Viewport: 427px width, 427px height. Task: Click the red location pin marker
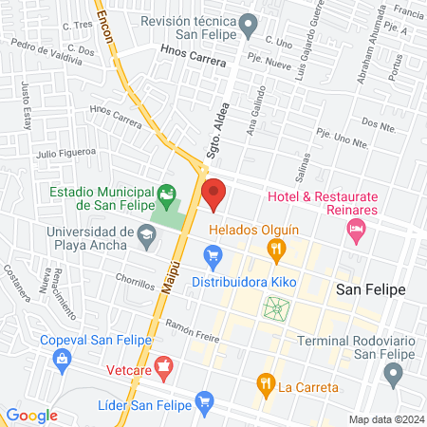[213, 194]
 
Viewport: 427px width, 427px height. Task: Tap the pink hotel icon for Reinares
[357, 228]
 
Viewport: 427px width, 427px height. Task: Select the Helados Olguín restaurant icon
[277, 251]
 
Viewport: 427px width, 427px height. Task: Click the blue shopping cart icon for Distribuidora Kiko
[213, 255]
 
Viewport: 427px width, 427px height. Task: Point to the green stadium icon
[168, 197]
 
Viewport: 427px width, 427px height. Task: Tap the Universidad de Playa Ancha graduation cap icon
[146, 233]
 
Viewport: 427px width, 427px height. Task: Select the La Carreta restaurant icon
[265, 384]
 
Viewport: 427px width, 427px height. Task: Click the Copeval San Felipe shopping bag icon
[63, 360]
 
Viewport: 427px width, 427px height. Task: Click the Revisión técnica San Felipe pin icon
[249, 22]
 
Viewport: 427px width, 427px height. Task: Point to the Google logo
[31, 415]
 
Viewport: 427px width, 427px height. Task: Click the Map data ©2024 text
[385, 418]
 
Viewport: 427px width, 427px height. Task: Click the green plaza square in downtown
[276, 307]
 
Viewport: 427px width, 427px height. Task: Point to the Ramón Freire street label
[193, 332]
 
